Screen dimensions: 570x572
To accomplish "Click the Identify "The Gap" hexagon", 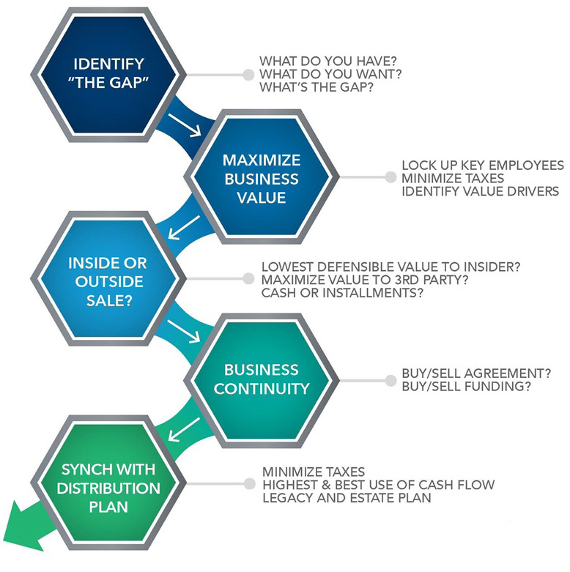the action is [108, 75].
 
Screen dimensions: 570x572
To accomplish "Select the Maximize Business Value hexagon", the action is [262, 177].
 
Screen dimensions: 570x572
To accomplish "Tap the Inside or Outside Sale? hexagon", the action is [108, 279].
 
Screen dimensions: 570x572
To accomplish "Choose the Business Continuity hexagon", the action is [262, 381].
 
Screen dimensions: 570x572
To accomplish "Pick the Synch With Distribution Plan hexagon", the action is [108, 483].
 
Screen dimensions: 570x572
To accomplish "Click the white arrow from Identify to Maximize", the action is [185, 125].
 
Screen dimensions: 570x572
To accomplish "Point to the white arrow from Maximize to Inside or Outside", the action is [184, 228].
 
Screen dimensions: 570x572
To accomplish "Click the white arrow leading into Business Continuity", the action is [184, 332].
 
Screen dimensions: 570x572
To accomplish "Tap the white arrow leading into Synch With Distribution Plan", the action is [184, 430].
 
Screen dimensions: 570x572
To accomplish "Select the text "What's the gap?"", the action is [317, 87].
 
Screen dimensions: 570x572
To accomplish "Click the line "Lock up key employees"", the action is [482, 166].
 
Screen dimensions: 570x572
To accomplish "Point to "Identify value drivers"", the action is [480, 191].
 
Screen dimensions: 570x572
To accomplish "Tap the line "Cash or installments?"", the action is [342, 292].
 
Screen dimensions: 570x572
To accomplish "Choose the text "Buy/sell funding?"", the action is [467, 386].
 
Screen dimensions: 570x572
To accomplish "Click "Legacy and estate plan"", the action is [347, 497].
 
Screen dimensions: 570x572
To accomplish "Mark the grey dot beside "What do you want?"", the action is [248, 75].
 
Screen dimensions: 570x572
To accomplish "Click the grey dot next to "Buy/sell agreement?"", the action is [391, 381].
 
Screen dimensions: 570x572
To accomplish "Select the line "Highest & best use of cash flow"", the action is [379, 485].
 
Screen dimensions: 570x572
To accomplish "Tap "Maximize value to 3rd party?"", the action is [365, 280].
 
